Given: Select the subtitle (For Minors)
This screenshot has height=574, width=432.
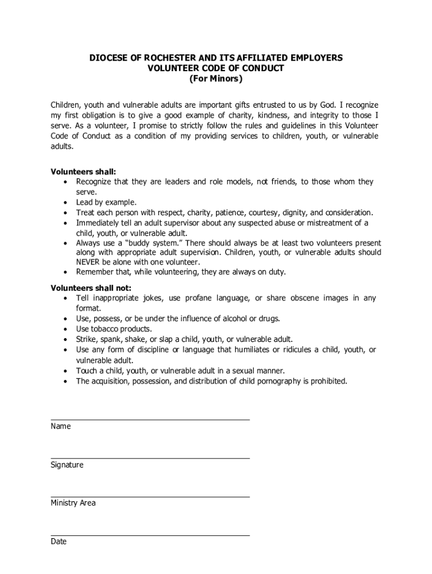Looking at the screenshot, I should point(215,79).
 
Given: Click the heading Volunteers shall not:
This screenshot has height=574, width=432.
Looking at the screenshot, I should point(91,288).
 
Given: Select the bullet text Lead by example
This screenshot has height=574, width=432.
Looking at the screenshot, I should point(107,202).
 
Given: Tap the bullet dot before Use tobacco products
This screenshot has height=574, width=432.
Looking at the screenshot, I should point(67,329).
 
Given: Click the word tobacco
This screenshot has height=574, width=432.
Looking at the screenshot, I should point(107,329).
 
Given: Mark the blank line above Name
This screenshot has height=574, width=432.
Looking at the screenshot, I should point(150,419).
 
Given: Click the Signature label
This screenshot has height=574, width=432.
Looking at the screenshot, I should point(67,465).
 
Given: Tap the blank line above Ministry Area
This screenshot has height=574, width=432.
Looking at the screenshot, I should point(150,496).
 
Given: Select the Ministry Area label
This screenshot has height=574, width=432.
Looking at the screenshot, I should point(73,503).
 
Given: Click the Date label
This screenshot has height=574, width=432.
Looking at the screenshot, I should point(58,541).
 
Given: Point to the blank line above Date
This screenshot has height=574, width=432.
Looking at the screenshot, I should point(150,535).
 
